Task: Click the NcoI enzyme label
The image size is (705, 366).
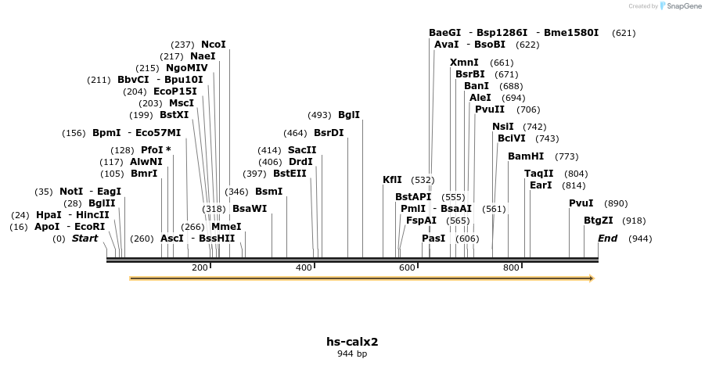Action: coord(213,45)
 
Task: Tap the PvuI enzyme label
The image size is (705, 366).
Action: coord(581,203)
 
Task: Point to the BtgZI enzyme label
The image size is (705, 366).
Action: coord(599,221)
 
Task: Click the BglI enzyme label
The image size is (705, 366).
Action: coord(349,115)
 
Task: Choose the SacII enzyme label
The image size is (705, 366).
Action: coord(302,149)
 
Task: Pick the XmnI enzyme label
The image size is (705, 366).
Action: coord(464,63)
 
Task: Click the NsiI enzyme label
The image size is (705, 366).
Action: coord(503,127)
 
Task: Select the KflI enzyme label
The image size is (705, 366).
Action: coord(392,180)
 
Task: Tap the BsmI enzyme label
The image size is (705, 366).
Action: coord(268,192)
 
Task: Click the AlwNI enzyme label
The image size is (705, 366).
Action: coord(146,162)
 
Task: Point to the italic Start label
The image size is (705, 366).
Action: coord(85,239)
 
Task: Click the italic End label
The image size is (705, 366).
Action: coord(608,239)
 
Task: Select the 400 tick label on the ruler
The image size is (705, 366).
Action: coord(303,268)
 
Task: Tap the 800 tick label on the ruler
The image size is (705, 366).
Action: coord(511,268)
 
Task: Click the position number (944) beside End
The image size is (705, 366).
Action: coord(640,239)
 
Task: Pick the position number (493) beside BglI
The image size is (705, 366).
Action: coord(319,115)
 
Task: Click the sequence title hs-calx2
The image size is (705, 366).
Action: coord(352,342)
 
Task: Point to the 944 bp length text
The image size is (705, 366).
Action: coord(352,354)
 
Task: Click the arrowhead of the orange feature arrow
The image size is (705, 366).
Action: coord(591,278)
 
